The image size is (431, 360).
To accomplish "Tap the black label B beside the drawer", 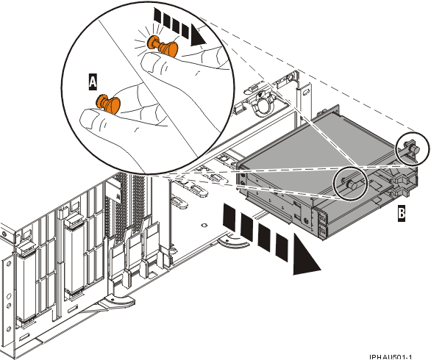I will (401, 214).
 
